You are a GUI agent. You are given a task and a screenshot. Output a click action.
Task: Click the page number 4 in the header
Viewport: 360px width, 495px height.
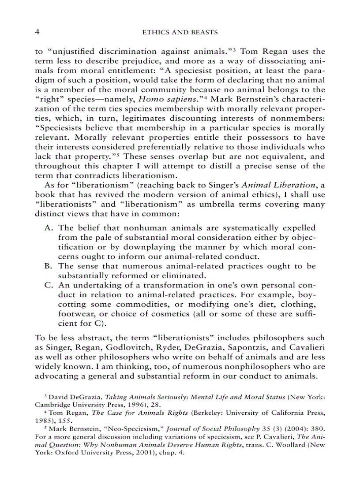pyautogui.click(x=37, y=33)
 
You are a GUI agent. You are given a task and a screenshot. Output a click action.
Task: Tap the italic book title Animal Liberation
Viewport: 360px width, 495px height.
pyautogui.click(x=275, y=185)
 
